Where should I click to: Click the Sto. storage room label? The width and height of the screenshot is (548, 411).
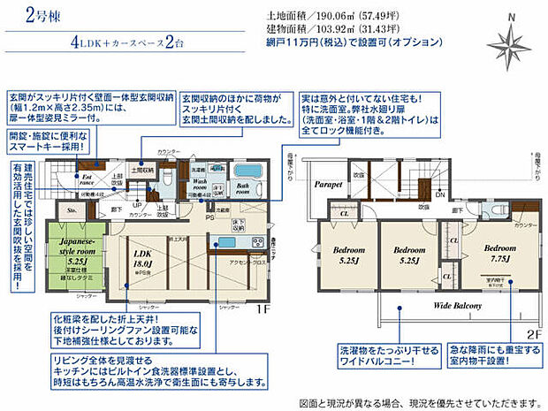point(71,211)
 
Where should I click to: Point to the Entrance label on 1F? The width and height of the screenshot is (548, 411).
point(88,167)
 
